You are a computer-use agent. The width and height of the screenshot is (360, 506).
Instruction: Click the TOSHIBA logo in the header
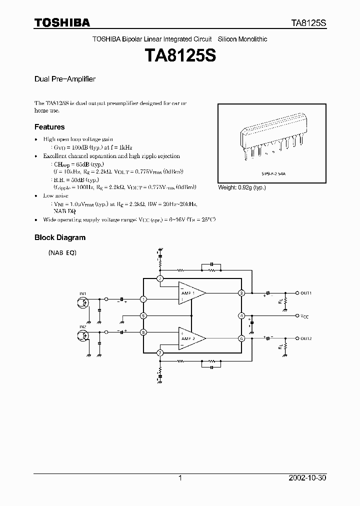point(62,22)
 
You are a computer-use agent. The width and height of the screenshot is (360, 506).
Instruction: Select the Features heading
point(49,127)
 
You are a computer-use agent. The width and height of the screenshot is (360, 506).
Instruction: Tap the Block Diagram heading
point(59,237)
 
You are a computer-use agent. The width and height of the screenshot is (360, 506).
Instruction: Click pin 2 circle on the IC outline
point(160,278)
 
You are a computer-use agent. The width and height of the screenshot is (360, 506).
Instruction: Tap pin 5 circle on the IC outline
point(143,315)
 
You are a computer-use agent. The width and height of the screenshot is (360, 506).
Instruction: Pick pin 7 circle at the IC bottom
point(160,353)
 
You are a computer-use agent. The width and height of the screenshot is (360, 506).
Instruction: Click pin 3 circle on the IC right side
point(241,293)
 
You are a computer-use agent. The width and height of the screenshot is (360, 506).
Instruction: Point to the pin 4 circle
point(241,315)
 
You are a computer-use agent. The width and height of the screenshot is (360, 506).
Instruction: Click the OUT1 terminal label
point(306,293)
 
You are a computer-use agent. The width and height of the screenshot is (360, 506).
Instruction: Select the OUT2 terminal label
point(306,338)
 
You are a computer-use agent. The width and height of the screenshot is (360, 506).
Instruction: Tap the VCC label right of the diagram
point(304,316)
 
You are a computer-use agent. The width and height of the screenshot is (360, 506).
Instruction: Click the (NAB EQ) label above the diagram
point(62,253)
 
